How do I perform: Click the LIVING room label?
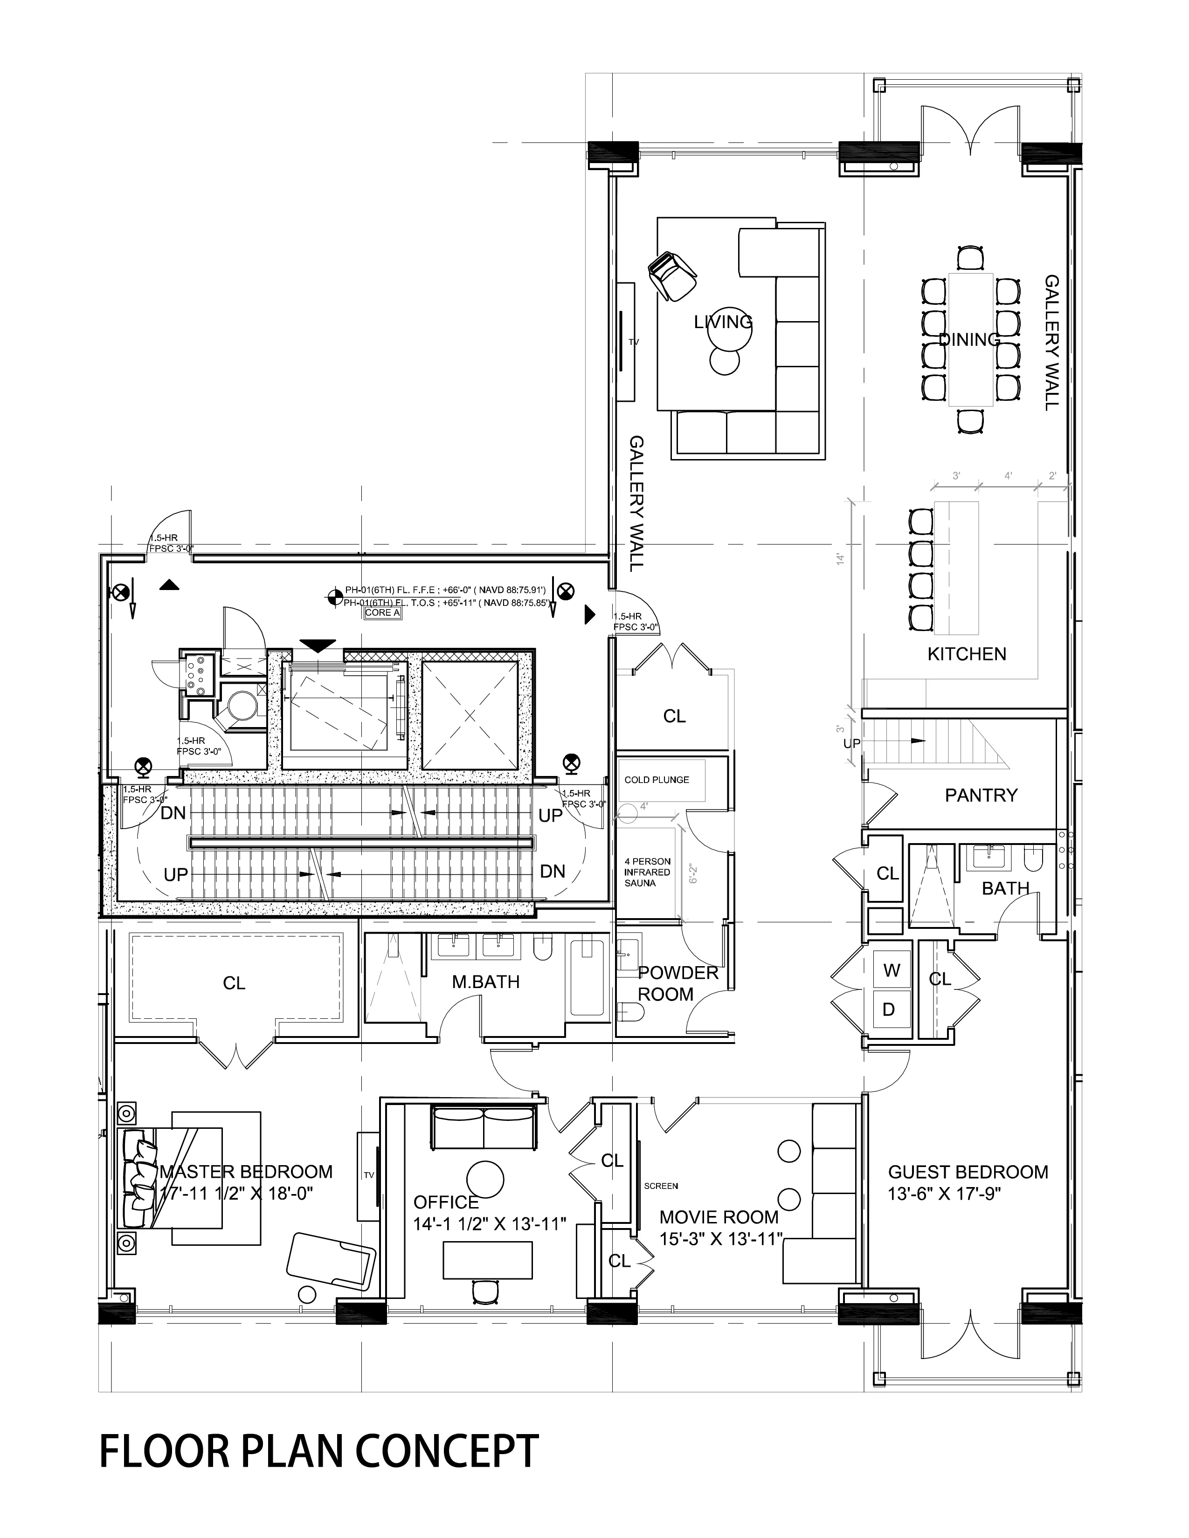click(723, 323)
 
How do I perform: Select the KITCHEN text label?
click(967, 654)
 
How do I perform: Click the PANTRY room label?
click(981, 795)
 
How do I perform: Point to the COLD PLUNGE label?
click(657, 780)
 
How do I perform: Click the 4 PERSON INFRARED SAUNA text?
click(647, 872)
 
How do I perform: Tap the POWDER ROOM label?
click(677, 984)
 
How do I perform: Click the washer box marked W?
click(891, 970)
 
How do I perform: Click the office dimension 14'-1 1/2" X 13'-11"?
click(490, 1224)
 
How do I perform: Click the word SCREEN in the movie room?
click(661, 1186)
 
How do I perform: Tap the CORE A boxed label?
click(382, 613)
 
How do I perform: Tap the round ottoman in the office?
click(485, 1179)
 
